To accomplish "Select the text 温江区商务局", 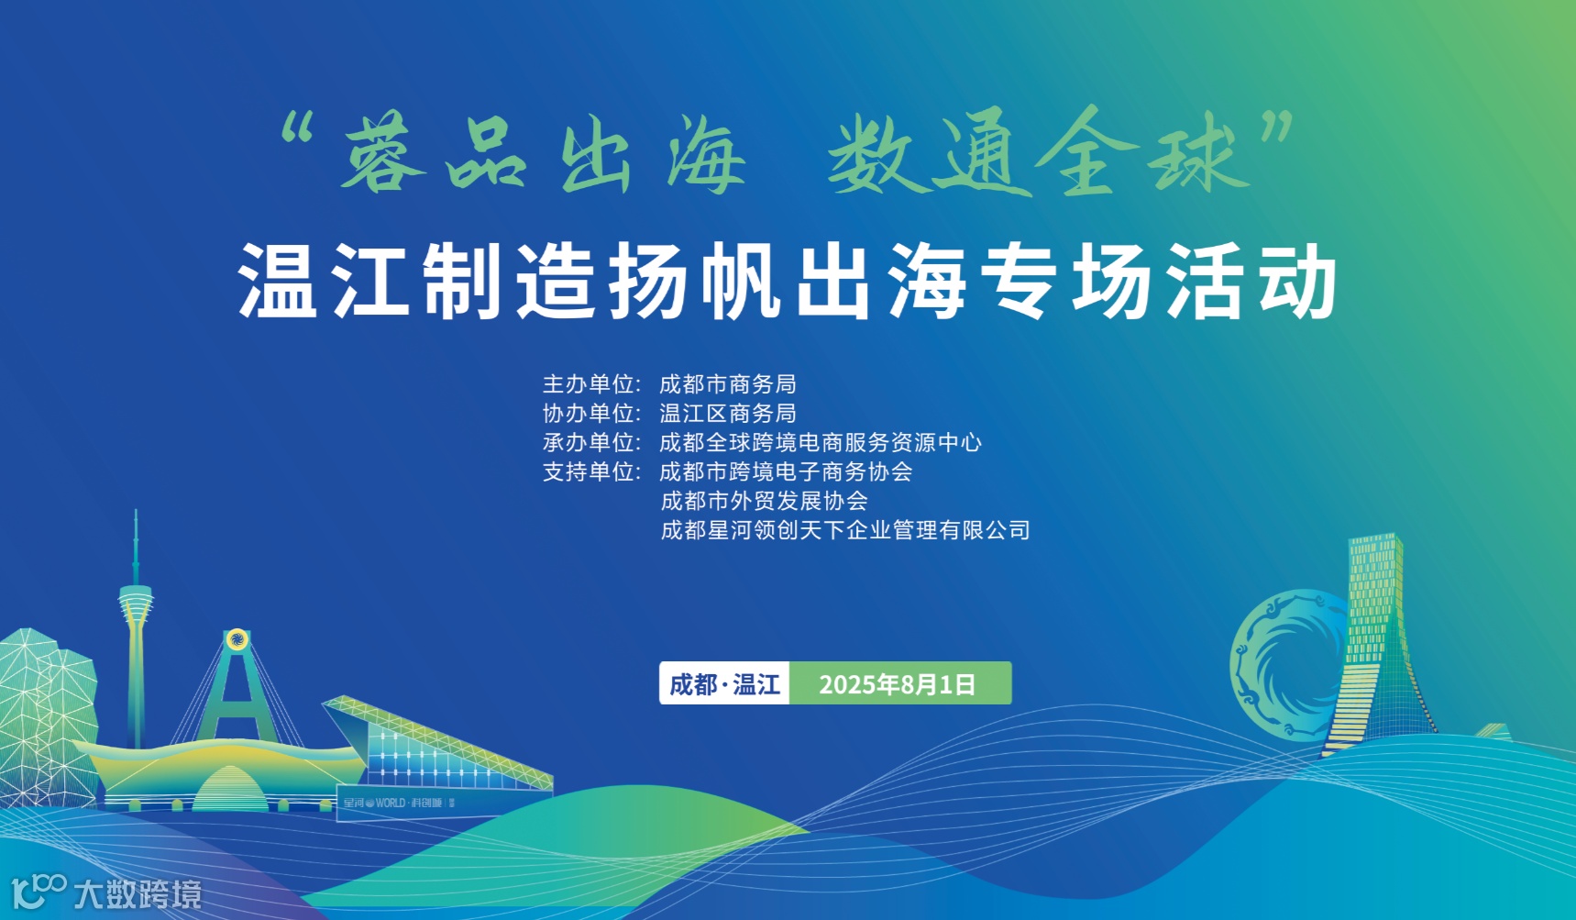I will click(x=727, y=414).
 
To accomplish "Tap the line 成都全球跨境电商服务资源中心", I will click(x=820, y=443).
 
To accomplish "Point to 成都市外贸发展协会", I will click(x=764, y=501).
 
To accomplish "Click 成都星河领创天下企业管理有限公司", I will click(x=844, y=530).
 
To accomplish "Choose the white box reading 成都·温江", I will click(x=724, y=684).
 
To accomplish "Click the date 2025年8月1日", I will click(x=897, y=684).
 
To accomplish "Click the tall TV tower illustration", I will click(x=136, y=624).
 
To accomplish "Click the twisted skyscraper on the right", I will click(x=1375, y=642).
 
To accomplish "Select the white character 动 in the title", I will click(x=1296, y=281).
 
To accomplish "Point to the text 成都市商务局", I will click(x=727, y=384).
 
